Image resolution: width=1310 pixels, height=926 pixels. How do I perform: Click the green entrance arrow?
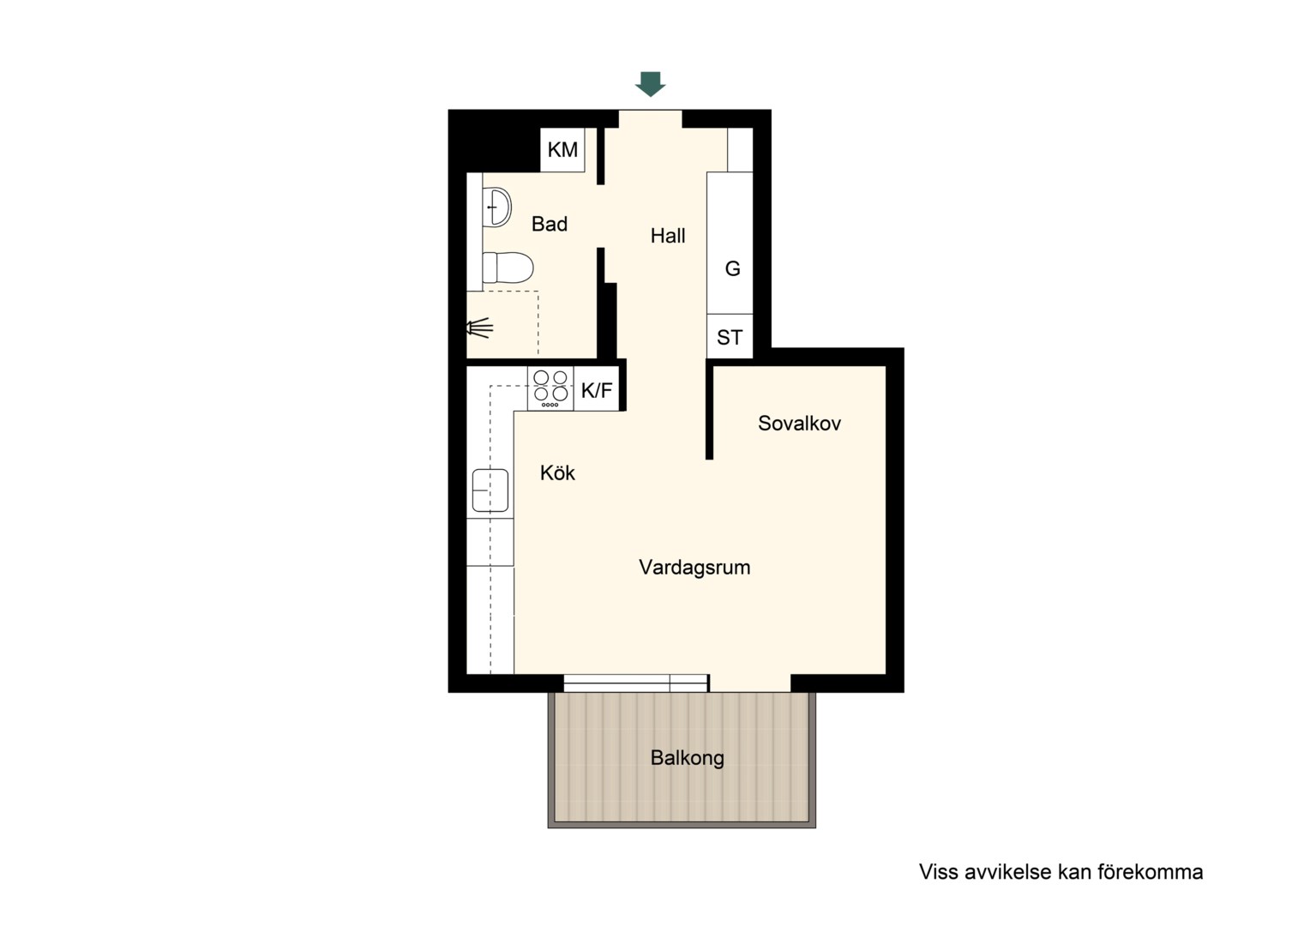coord(651,84)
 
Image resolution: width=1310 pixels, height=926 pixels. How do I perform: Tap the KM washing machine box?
coord(562,150)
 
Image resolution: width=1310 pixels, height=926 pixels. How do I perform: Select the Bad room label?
coord(550,224)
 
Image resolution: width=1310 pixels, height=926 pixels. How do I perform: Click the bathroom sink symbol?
coord(496,207)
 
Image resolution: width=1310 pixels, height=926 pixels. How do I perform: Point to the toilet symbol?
coord(508,268)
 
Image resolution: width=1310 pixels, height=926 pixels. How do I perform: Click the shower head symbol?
coord(479,328)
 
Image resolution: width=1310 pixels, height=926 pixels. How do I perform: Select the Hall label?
coord(668,236)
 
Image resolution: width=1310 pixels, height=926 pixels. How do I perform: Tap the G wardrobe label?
coord(733,268)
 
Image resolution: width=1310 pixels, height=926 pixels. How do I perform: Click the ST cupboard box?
coord(730,336)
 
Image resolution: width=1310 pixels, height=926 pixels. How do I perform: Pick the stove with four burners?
coord(550,388)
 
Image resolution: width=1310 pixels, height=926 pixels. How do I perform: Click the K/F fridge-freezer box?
coord(597,389)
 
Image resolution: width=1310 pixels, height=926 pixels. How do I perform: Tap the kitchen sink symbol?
coord(490,490)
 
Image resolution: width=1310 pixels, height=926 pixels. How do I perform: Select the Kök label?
coord(557,472)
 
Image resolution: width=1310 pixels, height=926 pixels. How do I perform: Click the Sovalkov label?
coord(799,423)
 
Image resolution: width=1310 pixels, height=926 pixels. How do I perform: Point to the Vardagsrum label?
coord(694,567)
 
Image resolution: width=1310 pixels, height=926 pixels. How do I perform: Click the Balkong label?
coord(688,758)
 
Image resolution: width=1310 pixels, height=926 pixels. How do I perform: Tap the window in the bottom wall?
coord(636,682)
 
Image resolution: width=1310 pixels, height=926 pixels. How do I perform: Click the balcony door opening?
coord(750,683)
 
